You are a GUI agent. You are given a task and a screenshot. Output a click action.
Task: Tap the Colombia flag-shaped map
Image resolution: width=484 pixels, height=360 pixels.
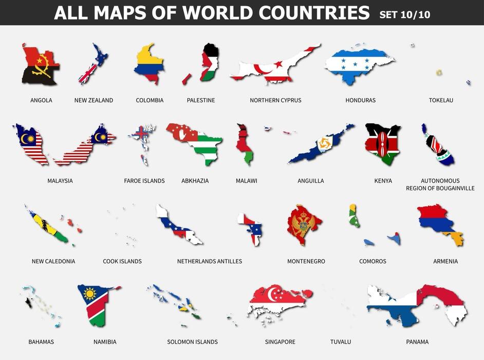(148, 63)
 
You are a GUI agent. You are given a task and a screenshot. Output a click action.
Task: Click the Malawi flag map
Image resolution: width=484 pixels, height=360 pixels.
(244, 144)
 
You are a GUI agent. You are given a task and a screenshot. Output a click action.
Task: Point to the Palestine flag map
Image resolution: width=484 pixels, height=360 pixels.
(208, 64)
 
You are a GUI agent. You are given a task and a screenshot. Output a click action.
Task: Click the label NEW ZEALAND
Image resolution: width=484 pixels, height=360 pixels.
(94, 100)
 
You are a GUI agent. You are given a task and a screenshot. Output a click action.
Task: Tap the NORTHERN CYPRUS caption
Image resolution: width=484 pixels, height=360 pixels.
(275, 100)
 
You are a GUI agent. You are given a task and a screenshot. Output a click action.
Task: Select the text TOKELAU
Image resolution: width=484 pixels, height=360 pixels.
(441, 100)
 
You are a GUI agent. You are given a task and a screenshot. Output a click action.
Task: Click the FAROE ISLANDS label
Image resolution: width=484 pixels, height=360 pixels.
(144, 181)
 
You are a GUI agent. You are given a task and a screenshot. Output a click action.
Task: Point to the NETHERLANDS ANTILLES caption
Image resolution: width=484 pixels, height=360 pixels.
(209, 261)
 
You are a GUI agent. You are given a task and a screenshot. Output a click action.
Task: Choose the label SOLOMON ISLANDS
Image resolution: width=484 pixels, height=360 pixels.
(192, 342)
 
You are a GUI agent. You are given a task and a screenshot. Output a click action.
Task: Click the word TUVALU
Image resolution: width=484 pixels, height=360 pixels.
(341, 342)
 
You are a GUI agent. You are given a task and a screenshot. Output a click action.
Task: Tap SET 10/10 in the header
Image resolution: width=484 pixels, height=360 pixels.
(404, 14)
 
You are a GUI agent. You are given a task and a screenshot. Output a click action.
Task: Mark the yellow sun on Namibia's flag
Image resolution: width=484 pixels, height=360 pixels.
(90, 294)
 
